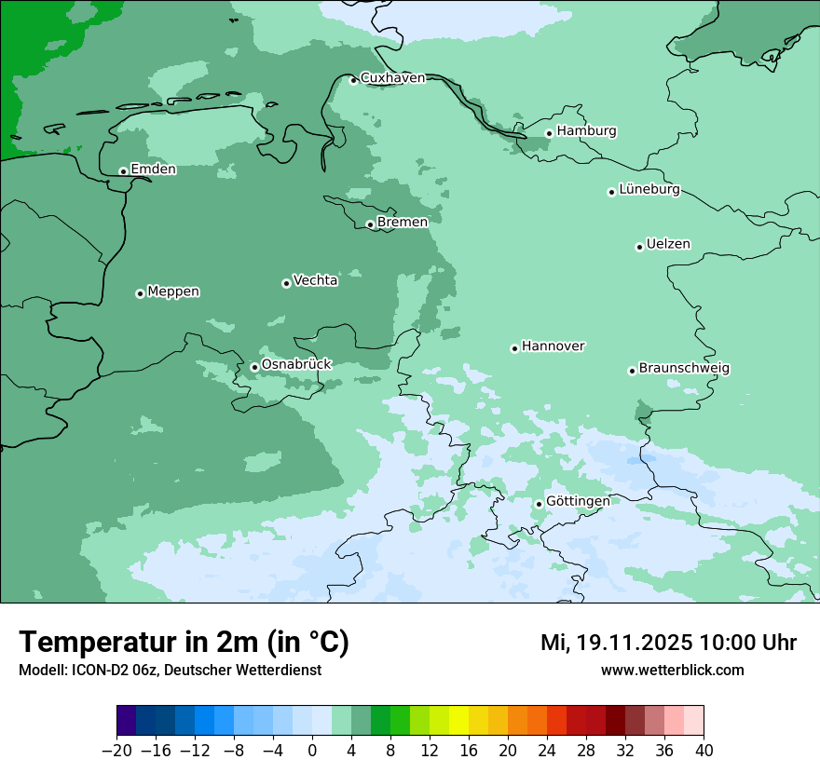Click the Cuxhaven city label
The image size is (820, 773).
click(392, 78)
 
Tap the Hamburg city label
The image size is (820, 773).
click(586, 131)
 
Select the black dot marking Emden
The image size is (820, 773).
click(123, 171)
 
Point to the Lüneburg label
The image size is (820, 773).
click(649, 190)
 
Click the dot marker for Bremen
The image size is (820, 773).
click(370, 224)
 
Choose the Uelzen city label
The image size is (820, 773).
click(668, 245)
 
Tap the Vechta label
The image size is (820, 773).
click(315, 280)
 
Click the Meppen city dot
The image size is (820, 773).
click(140, 293)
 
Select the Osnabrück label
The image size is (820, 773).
click(296, 365)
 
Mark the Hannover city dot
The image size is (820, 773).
click(514, 349)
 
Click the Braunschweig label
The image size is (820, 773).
click(684, 369)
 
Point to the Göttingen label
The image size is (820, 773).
click(578, 502)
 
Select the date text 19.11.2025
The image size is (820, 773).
click(633, 643)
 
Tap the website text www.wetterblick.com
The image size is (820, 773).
click(672, 671)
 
